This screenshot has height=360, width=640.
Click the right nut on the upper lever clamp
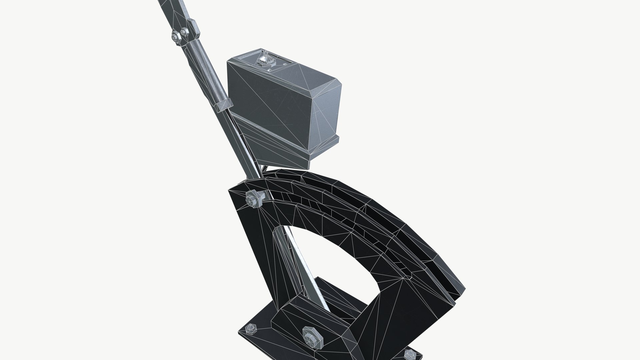[184, 32]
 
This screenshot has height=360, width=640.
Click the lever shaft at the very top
[173, 8]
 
